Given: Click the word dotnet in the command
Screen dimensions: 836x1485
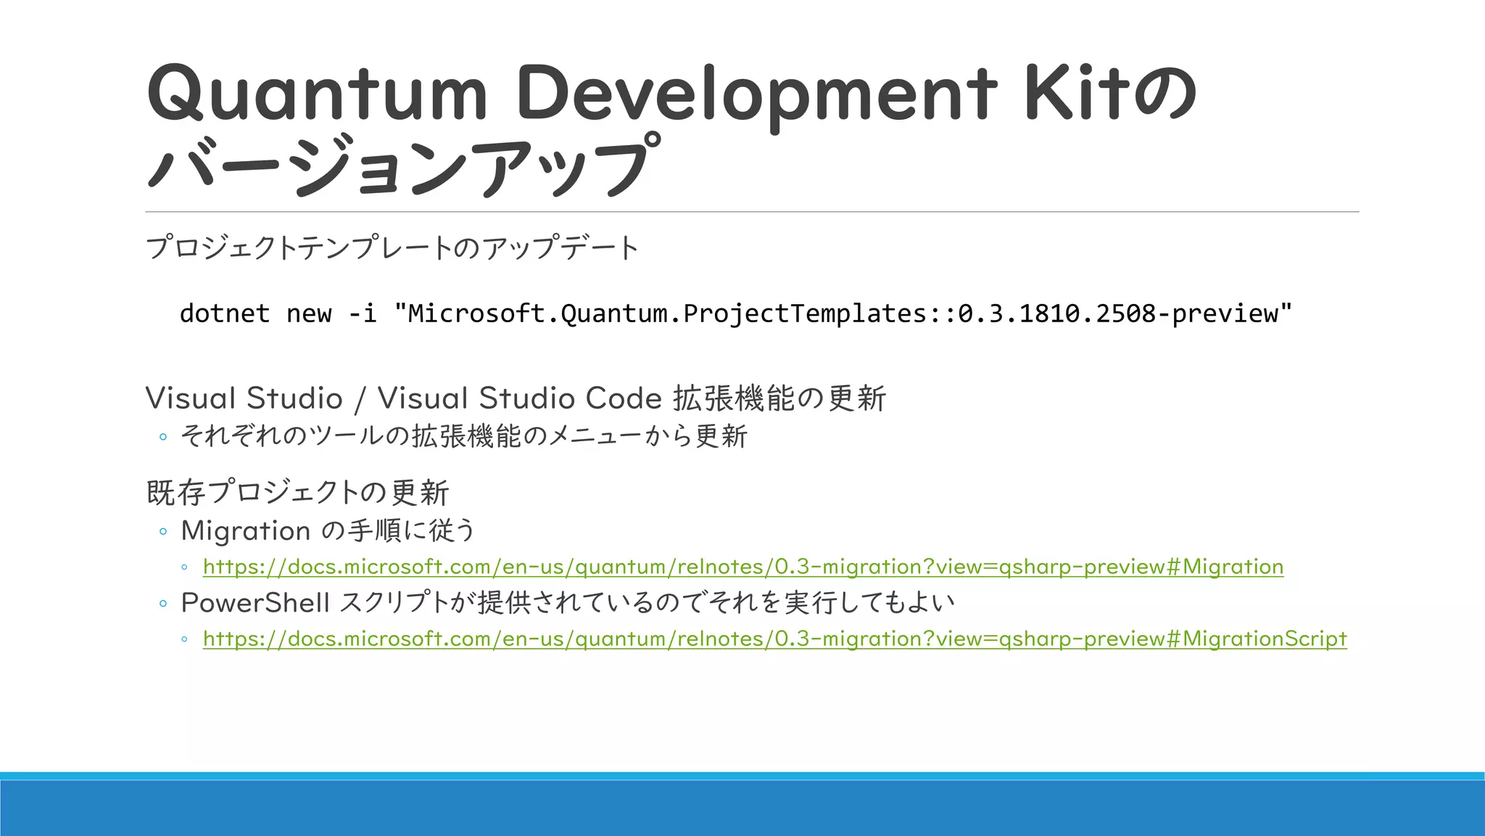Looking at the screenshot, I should click(x=225, y=313).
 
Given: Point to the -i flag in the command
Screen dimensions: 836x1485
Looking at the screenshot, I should click(x=363, y=313).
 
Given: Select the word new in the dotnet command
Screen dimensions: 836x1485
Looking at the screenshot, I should click(x=309, y=313).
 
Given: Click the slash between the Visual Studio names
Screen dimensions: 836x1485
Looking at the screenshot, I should click(x=360, y=398).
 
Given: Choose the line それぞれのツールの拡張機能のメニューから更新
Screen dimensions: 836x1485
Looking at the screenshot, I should click(x=464, y=436).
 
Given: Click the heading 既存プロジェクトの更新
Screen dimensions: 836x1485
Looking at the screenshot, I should click(x=298, y=493).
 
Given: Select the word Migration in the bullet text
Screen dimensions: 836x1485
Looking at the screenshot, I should click(x=246, y=531).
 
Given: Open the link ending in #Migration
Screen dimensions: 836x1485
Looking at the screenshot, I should click(x=743, y=567).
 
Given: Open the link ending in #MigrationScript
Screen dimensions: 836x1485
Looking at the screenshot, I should click(x=774, y=639).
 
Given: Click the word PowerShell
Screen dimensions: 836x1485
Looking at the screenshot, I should click(x=255, y=602).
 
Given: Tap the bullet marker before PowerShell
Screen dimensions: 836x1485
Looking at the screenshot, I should click(x=163, y=603).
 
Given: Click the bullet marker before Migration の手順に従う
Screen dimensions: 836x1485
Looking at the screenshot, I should click(x=163, y=532).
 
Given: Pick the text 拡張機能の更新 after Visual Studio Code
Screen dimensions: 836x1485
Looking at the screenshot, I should click(x=779, y=398).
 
